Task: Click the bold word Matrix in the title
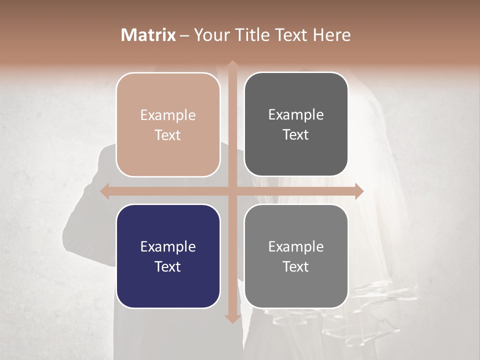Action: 148,35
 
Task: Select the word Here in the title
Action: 331,35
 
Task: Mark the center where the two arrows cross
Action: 232,191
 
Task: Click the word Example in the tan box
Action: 168,115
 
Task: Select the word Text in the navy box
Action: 168,266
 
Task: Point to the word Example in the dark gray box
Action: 296,114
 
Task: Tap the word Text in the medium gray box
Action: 296,266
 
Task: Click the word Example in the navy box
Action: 168,246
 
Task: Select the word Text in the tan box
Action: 168,135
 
